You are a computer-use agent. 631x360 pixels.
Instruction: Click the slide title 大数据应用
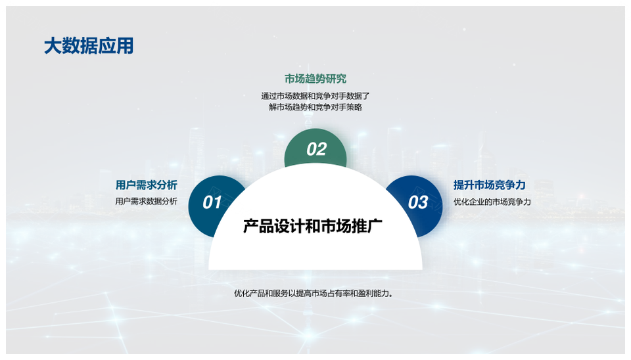(x=89, y=46)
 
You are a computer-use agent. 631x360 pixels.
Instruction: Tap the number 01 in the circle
(x=212, y=202)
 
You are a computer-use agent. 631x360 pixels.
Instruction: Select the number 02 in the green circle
(x=316, y=149)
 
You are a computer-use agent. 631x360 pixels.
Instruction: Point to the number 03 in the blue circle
(x=418, y=202)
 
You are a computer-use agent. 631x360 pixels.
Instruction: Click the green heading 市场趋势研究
(x=315, y=79)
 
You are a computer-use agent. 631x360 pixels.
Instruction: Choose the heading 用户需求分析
(x=147, y=185)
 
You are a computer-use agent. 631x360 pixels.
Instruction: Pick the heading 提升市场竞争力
(x=489, y=185)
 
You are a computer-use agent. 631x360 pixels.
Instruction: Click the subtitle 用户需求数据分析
(x=147, y=201)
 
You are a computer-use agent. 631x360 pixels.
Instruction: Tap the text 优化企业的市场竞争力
(x=492, y=202)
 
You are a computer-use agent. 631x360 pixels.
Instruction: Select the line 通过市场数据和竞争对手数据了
(x=315, y=96)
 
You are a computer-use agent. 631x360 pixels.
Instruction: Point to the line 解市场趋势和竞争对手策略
(x=315, y=107)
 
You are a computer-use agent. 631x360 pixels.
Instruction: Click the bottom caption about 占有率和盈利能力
(x=314, y=293)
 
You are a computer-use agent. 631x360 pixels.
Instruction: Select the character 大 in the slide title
(x=53, y=46)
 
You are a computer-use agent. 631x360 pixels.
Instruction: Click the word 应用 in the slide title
(x=116, y=46)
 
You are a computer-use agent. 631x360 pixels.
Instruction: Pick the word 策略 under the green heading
(x=354, y=107)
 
